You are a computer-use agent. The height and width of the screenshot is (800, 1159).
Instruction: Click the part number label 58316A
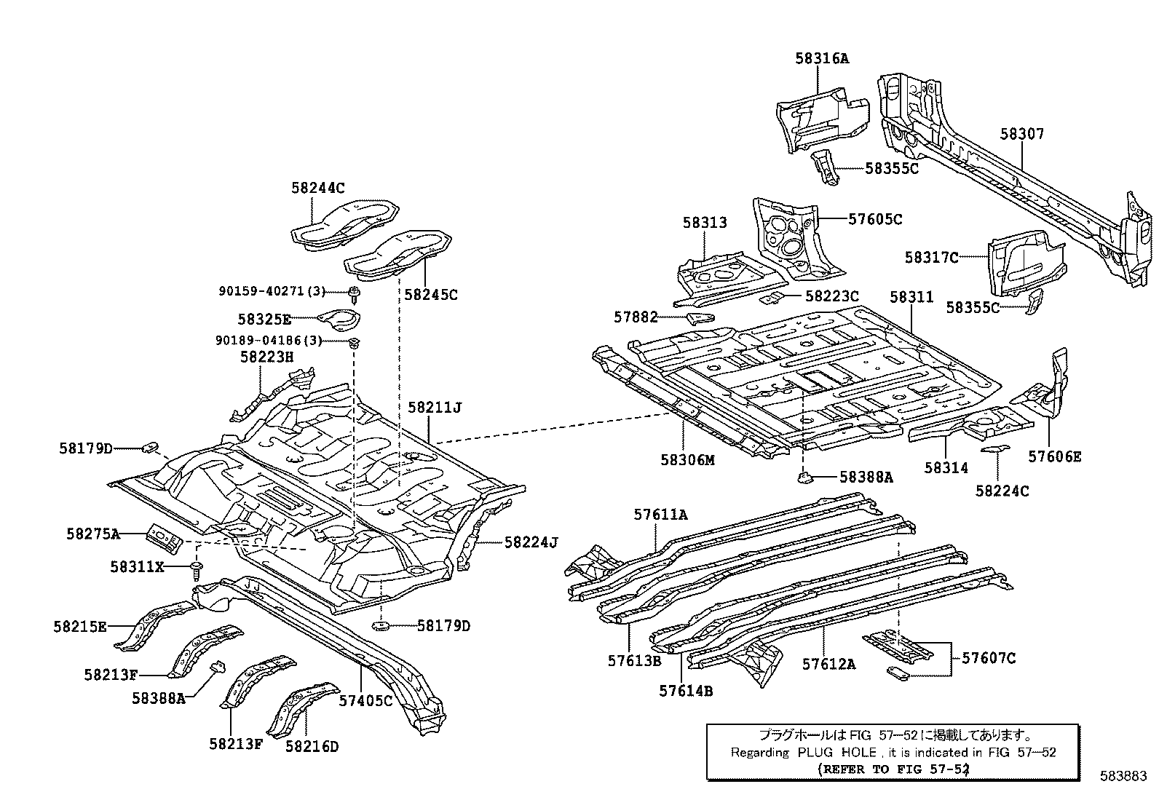coord(821,58)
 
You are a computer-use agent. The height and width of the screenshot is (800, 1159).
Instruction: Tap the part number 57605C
coord(875,218)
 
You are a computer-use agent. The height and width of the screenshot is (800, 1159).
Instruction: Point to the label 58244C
coord(317,187)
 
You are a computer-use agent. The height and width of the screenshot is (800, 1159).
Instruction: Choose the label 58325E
coord(264,319)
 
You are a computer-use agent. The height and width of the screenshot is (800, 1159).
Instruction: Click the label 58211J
coord(435,408)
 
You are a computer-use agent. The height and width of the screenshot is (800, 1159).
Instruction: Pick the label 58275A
coord(93,534)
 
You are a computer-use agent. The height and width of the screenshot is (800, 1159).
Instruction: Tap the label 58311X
coord(137,566)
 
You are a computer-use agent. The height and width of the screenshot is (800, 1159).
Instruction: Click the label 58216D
coord(312,745)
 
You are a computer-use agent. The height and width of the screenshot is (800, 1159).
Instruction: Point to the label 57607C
coord(988,658)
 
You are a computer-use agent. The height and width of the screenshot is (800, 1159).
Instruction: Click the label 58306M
coord(688,460)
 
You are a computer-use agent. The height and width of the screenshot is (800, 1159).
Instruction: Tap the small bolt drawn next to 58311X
coord(197,567)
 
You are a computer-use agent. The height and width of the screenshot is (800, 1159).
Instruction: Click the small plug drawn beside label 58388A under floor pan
coord(804,478)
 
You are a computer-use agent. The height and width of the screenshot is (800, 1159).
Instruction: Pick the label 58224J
coord(531,542)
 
